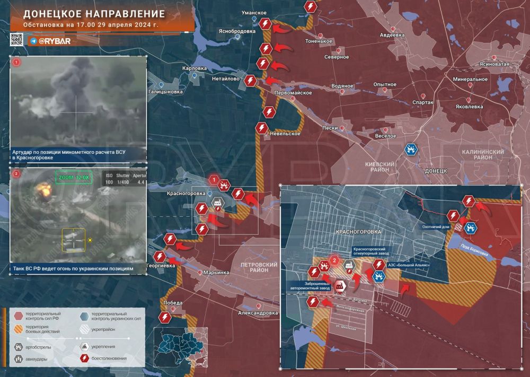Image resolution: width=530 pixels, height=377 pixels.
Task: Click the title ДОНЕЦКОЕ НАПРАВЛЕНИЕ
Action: point(94,14)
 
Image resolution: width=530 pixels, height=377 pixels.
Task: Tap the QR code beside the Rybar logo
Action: point(16,40)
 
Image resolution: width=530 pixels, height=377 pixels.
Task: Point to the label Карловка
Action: point(194,68)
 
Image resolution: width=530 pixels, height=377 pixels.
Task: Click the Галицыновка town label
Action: point(165,92)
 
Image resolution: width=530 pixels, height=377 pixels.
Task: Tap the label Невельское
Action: point(285,133)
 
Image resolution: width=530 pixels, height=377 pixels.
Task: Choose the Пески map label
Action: point(330,128)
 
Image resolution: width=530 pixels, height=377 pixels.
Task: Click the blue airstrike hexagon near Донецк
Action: point(410,150)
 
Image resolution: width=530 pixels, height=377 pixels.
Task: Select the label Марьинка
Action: point(216,273)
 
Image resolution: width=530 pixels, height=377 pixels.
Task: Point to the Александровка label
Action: point(258,313)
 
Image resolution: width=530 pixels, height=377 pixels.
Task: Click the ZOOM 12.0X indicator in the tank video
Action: point(74,177)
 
